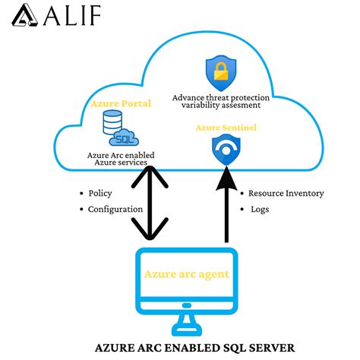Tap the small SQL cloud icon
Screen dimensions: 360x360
123,139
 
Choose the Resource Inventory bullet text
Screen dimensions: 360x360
286,193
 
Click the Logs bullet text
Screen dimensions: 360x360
260,208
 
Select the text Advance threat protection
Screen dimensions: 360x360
221,97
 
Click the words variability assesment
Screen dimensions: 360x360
221,107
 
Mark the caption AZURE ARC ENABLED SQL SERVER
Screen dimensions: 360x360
194,348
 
